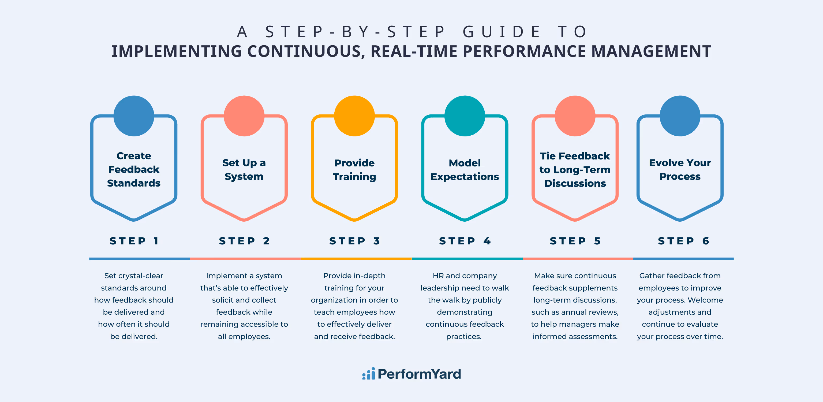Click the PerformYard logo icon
[368, 374]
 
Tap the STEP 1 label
[134, 241]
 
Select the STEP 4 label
[465, 241]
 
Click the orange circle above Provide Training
[354, 116]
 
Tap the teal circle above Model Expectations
[465, 116]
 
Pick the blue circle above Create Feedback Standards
[134, 116]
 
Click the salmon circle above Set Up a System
[244, 116]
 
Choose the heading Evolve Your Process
[680, 169]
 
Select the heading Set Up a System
[244, 169]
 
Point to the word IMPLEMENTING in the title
[176, 51]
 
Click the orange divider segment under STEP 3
[356, 259]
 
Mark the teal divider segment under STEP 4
[467, 259]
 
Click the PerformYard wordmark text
[419, 374]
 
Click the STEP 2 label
[245, 241]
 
